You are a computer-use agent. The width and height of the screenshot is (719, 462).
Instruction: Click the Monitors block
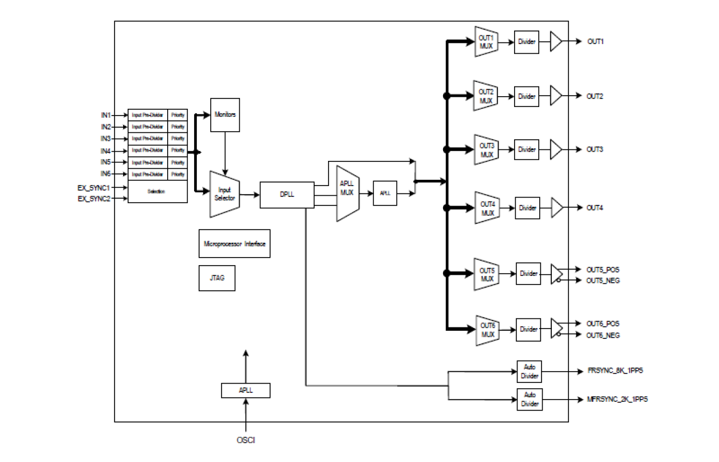click(225, 114)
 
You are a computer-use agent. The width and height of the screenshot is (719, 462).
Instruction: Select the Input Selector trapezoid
click(224, 194)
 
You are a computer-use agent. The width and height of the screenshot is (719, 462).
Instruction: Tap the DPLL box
click(287, 195)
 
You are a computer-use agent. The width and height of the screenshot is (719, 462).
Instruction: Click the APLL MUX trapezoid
click(347, 194)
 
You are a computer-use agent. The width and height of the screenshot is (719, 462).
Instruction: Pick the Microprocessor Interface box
click(235, 244)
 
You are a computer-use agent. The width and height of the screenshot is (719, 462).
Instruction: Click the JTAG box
click(216, 278)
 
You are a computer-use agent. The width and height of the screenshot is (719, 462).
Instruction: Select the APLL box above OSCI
click(246, 390)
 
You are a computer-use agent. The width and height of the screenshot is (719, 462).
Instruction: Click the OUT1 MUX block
click(486, 42)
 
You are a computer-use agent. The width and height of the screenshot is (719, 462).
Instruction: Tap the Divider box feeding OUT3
click(527, 149)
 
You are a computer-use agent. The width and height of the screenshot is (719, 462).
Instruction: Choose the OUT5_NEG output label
click(603, 281)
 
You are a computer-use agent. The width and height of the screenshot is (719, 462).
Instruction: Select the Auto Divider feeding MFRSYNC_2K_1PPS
click(530, 399)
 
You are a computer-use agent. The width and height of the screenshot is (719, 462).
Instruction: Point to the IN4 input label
click(105, 151)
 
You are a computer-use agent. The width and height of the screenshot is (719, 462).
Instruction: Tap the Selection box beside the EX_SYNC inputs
click(157, 191)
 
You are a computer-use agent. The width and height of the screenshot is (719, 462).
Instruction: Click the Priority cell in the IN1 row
click(177, 115)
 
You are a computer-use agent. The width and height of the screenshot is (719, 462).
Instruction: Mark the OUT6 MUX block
click(487, 330)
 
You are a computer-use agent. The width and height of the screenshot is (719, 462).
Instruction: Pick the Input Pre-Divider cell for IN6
click(148, 174)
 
